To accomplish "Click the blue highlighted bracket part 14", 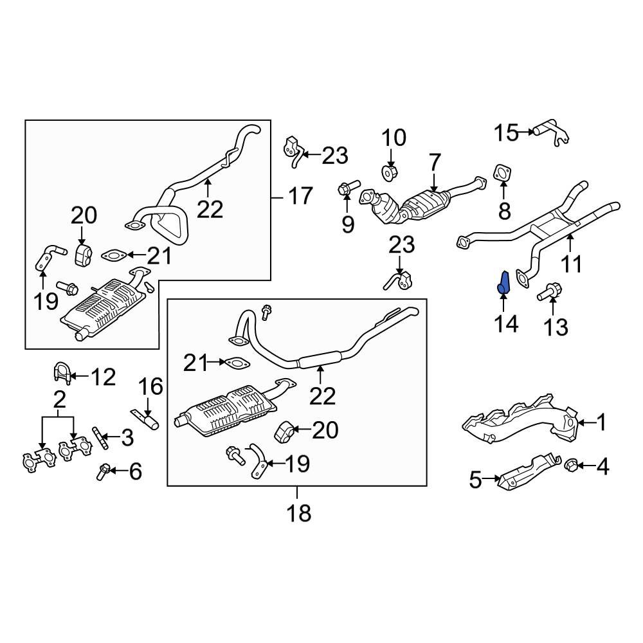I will (x=505, y=284).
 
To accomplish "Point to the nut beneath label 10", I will (x=389, y=172).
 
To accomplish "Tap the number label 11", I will (x=572, y=263).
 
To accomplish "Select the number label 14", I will (x=507, y=323).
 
